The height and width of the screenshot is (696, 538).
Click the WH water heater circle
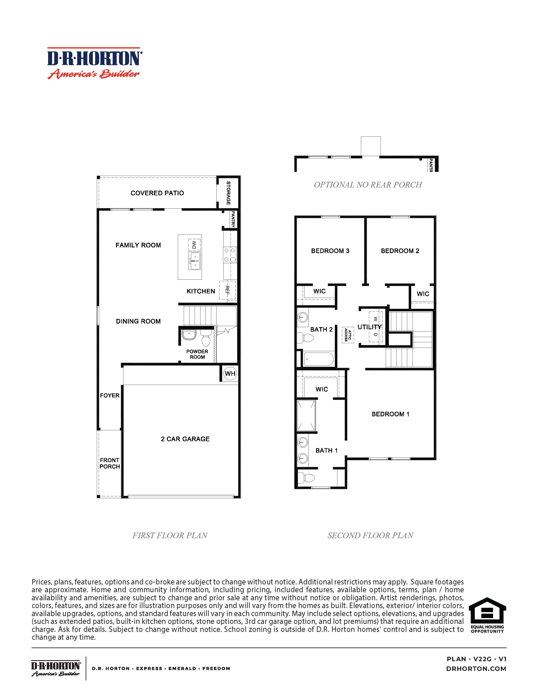click(x=230, y=374)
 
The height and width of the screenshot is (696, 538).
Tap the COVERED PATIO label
click(x=157, y=193)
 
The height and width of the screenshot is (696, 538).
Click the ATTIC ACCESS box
click(x=348, y=335)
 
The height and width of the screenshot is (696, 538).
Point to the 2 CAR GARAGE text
click(x=185, y=439)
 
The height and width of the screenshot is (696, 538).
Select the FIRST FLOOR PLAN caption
click(x=170, y=535)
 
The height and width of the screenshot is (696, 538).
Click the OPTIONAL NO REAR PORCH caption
click(x=368, y=185)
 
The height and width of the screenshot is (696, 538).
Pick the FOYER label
click(x=110, y=395)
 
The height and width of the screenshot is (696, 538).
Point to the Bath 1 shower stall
click(x=306, y=415)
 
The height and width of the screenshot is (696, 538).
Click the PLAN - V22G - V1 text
click(x=476, y=659)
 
